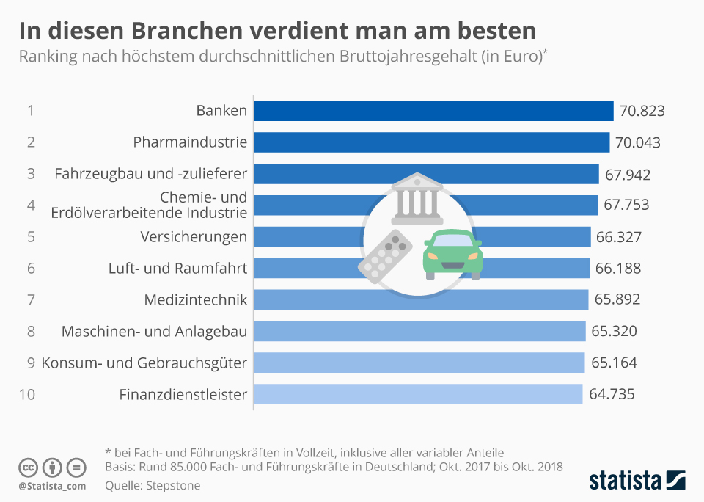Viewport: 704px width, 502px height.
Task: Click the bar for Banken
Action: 433,111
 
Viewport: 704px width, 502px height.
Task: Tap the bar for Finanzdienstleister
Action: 418,395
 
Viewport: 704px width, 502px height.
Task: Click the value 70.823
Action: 642,112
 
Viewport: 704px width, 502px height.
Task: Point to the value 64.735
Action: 612,395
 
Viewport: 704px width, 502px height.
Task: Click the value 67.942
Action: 628,175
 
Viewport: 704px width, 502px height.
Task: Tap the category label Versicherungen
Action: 194,237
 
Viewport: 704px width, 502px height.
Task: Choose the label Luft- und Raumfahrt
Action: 177,269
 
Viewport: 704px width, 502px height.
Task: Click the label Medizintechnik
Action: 196,300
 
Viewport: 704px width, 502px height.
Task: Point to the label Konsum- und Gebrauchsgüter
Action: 144,363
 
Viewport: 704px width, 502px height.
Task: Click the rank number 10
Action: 27,395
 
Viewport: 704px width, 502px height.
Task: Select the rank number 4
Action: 31,205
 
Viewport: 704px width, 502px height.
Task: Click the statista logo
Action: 637,481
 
